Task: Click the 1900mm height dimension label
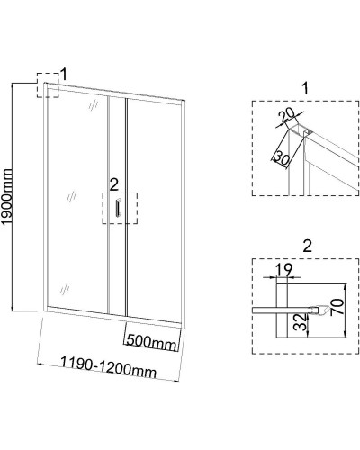click(6, 196)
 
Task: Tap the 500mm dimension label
click(151, 342)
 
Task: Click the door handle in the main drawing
click(118, 207)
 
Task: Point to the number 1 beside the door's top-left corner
click(64, 75)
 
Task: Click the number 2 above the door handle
click(114, 186)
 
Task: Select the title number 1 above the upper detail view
click(305, 89)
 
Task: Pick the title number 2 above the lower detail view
click(307, 247)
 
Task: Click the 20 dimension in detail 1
click(286, 117)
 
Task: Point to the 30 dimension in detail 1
click(282, 158)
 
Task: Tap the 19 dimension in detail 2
click(283, 270)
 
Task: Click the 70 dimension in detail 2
click(337, 306)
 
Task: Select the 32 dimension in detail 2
click(300, 322)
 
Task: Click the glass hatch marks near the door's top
click(94, 104)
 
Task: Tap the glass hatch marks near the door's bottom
click(65, 289)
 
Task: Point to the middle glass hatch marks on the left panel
click(71, 197)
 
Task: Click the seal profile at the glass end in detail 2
click(319, 310)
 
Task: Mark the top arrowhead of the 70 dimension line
click(346, 285)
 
